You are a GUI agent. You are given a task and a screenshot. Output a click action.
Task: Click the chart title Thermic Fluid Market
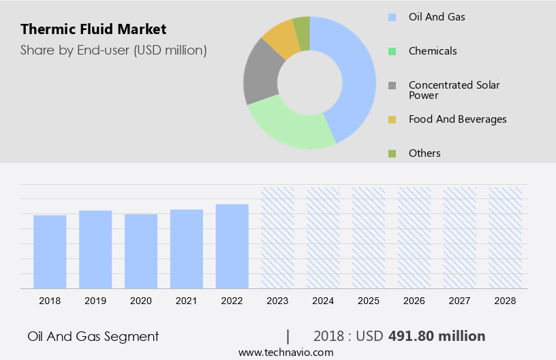pyautogui.click(x=93, y=29)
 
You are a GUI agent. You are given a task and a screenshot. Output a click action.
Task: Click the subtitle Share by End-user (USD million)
pyautogui.click(x=114, y=50)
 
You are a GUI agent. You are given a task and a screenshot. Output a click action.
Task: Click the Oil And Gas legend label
pyautogui.click(x=437, y=16)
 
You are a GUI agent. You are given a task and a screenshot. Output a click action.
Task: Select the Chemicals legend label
pyautogui.click(x=433, y=50)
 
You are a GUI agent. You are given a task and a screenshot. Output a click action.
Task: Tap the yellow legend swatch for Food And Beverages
pyautogui.click(x=392, y=119)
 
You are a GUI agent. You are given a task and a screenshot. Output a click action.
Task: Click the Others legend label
pyautogui.click(x=424, y=153)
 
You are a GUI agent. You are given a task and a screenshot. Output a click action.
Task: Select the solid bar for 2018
pyautogui.click(x=50, y=252)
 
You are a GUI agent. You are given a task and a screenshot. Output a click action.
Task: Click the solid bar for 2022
pyautogui.click(x=232, y=246)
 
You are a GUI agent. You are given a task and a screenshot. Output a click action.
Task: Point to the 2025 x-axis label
pyautogui.click(x=369, y=301)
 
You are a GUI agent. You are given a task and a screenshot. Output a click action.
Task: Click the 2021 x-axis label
pyautogui.click(x=187, y=301)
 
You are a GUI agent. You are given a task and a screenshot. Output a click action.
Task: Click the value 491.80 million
pyautogui.click(x=437, y=336)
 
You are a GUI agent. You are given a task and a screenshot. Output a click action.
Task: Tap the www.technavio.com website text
pyautogui.click(x=285, y=352)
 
